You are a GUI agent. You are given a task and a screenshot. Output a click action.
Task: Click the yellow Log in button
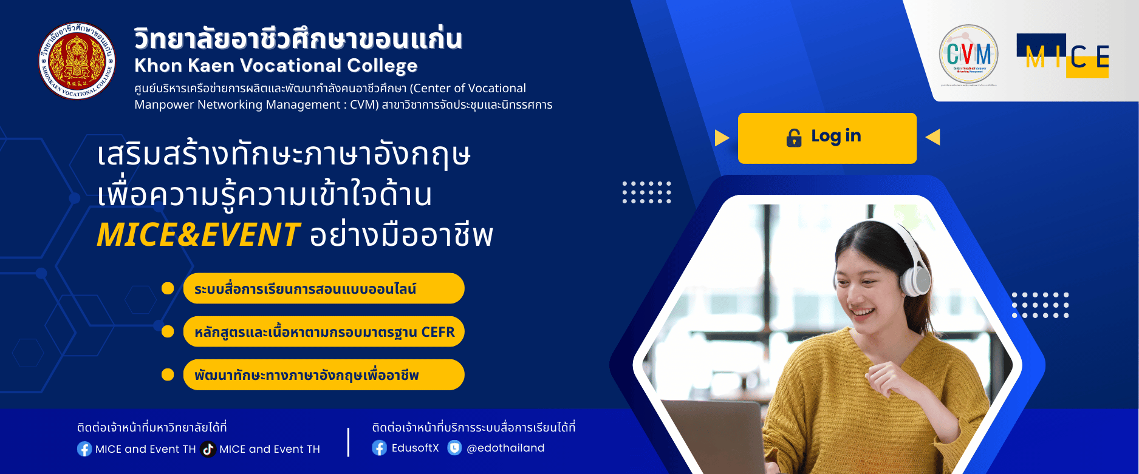pos(827,138)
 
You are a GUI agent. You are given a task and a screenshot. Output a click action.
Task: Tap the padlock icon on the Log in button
pos(793,138)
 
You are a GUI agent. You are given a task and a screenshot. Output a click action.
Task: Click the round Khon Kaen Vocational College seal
pos(77,61)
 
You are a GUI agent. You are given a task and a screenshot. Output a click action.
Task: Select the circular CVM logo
pos(968,54)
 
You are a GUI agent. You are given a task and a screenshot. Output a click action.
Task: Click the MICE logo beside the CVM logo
pos(1063,56)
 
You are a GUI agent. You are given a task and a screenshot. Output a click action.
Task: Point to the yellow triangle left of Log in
pos(721,138)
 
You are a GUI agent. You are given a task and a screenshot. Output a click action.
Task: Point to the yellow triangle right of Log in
pos(934,137)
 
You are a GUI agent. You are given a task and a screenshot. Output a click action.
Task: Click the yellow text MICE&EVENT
pos(198,235)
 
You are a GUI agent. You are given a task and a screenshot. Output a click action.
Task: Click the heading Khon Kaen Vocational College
pos(276,66)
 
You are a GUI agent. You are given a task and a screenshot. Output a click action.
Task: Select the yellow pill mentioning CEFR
pos(324,332)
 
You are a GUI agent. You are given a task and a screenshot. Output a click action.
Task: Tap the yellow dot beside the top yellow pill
pos(168,288)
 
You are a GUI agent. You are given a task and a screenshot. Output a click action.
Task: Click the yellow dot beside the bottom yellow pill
pos(168,374)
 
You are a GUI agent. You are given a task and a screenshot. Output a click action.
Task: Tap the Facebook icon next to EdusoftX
pos(379,448)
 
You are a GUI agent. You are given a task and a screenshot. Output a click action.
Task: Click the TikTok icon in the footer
pos(208,449)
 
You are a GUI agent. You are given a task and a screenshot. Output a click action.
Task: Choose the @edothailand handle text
pos(505,448)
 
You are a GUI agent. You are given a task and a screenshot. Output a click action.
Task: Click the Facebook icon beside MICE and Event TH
pos(84,449)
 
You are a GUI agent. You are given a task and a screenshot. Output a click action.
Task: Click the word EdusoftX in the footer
pos(415,448)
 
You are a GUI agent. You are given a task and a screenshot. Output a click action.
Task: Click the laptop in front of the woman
pos(711,437)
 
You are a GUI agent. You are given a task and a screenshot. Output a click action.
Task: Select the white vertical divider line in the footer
pos(348,442)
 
